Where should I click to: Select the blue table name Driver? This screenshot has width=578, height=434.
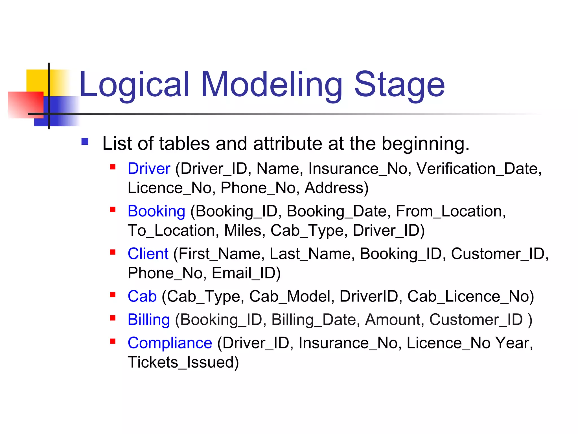[x=149, y=169]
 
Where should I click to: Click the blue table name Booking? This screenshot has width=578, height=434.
[x=156, y=211]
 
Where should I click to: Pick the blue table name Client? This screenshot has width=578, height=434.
[x=148, y=254]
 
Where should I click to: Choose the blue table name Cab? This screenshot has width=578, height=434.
[x=142, y=296]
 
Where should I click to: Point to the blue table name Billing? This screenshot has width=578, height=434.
[x=148, y=320]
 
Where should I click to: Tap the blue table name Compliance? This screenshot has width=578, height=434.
[x=170, y=343]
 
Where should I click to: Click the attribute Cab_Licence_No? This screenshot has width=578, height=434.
[x=468, y=296]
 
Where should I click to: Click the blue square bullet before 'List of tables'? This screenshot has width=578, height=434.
[x=85, y=141]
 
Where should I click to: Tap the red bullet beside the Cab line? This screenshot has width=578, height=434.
[x=113, y=295]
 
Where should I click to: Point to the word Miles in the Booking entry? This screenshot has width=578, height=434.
[x=243, y=231]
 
